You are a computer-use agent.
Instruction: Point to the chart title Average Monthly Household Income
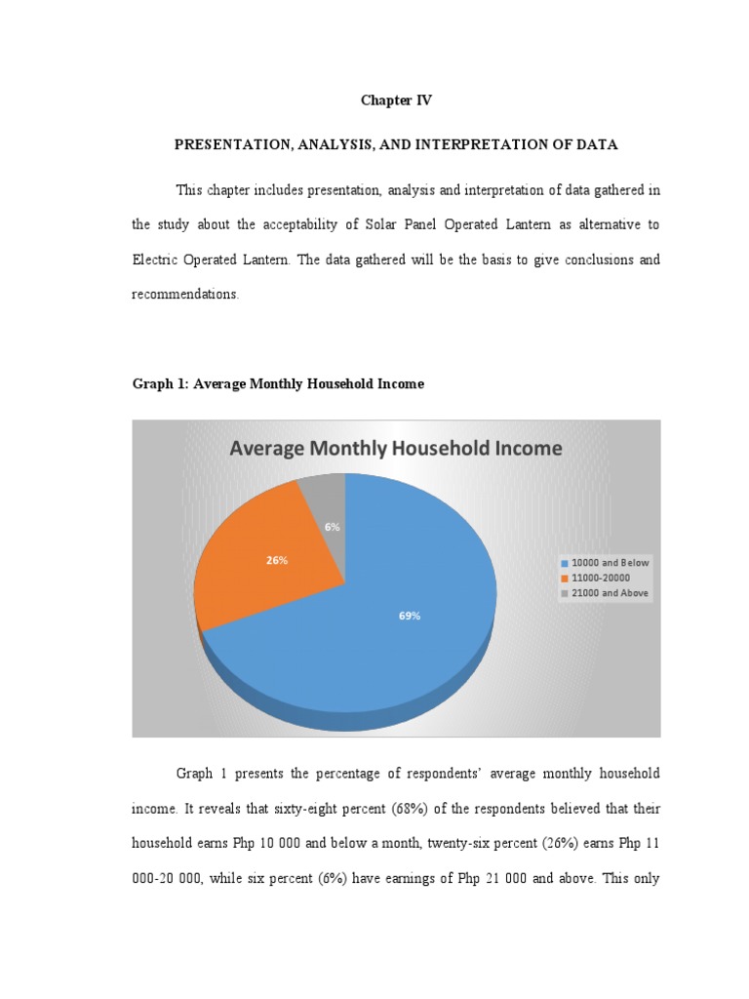coord(395,449)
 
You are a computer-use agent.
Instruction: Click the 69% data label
coord(410,616)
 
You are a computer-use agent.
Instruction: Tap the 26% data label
coord(276,561)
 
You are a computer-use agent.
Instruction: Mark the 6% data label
coord(333,526)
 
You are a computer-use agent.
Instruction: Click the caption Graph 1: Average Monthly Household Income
coord(278,384)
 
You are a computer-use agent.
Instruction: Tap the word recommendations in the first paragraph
coord(184,295)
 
